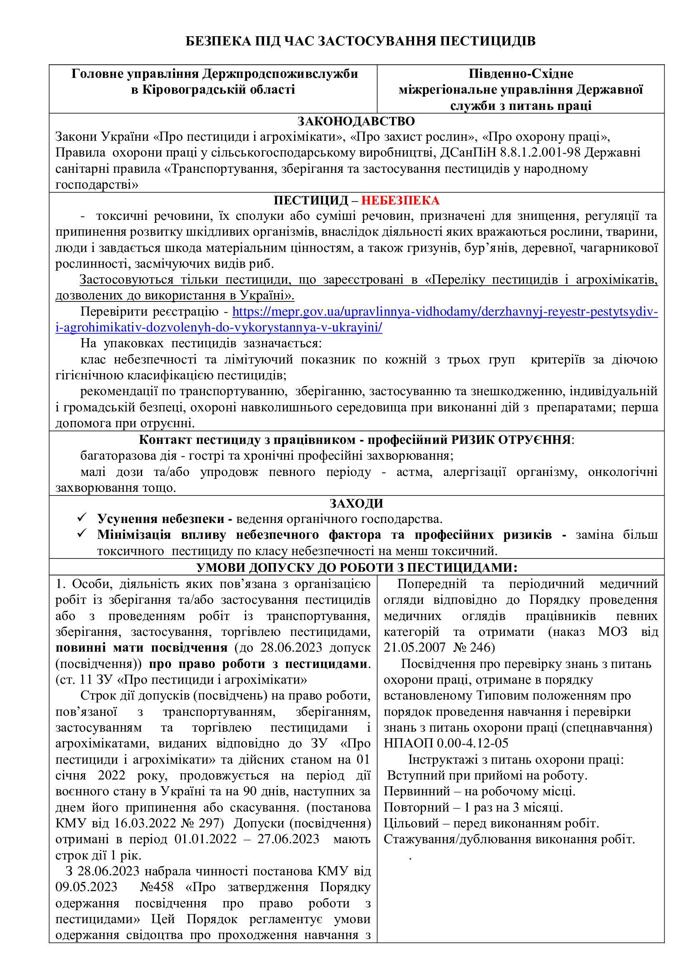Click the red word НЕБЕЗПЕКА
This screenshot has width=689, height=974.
pyautogui.click(x=400, y=200)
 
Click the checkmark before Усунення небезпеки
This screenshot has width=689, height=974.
pyautogui.click(x=82, y=518)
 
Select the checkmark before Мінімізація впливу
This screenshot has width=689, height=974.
pyautogui.click(x=82, y=534)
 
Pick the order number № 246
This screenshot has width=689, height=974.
pyautogui.click(x=474, y=648)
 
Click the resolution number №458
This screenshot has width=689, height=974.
pyautogui.click(x=157, y=887)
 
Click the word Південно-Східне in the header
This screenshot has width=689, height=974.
pyautogui.click(x=521, y=74)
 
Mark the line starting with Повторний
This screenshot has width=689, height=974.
pyautogui.click(x=473, y=807)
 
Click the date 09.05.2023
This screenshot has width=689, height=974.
pyautogui.click(x=87, y=887)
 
